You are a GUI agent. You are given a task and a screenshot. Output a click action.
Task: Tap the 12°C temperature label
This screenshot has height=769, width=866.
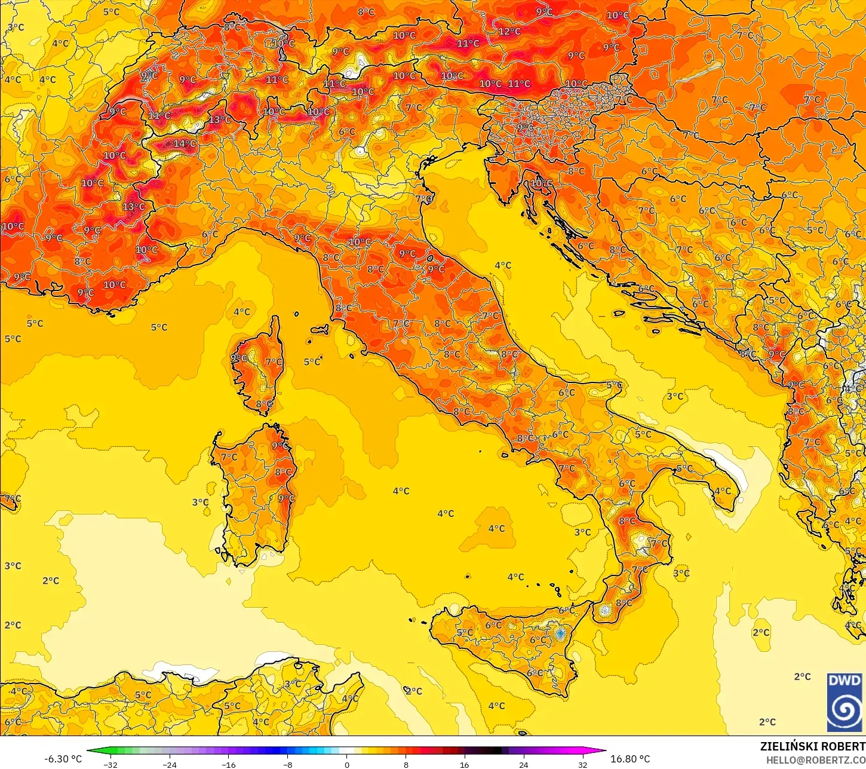point(509,31)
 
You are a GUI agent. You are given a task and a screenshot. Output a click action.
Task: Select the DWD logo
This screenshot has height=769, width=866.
point(844,703)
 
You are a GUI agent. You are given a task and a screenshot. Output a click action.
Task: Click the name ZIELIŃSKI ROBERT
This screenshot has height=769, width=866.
point(812,746)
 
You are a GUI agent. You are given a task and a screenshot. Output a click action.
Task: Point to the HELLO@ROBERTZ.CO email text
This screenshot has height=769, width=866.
point(815,760)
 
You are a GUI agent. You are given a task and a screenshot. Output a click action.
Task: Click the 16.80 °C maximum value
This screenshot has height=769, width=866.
point(630,759)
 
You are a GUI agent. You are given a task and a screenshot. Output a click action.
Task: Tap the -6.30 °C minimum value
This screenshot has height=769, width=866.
point(63,759)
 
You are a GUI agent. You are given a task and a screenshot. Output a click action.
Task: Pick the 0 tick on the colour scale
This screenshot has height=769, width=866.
point(346,765)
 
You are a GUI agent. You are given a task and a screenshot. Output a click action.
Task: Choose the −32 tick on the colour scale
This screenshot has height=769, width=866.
point(110,765)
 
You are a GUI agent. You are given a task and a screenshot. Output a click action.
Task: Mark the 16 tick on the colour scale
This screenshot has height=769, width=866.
point(464,765)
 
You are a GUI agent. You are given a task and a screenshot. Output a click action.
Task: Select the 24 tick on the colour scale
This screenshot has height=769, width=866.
point(523,765)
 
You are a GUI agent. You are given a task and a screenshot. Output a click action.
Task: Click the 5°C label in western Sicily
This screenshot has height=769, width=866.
point(464,633)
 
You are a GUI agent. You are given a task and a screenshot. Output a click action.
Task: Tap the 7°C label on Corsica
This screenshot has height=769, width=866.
point(274,362)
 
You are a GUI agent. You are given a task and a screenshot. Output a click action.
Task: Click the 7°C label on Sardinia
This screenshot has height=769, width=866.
point(229,457)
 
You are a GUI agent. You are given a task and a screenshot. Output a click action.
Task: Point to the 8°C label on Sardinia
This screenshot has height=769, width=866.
point(283,473)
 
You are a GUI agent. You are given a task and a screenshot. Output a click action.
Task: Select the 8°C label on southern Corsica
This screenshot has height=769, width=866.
point(264,405)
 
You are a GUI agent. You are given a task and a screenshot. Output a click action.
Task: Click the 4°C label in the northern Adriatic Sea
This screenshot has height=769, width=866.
point(503,265)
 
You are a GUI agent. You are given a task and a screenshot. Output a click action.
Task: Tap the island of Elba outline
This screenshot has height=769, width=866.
point(320,329)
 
